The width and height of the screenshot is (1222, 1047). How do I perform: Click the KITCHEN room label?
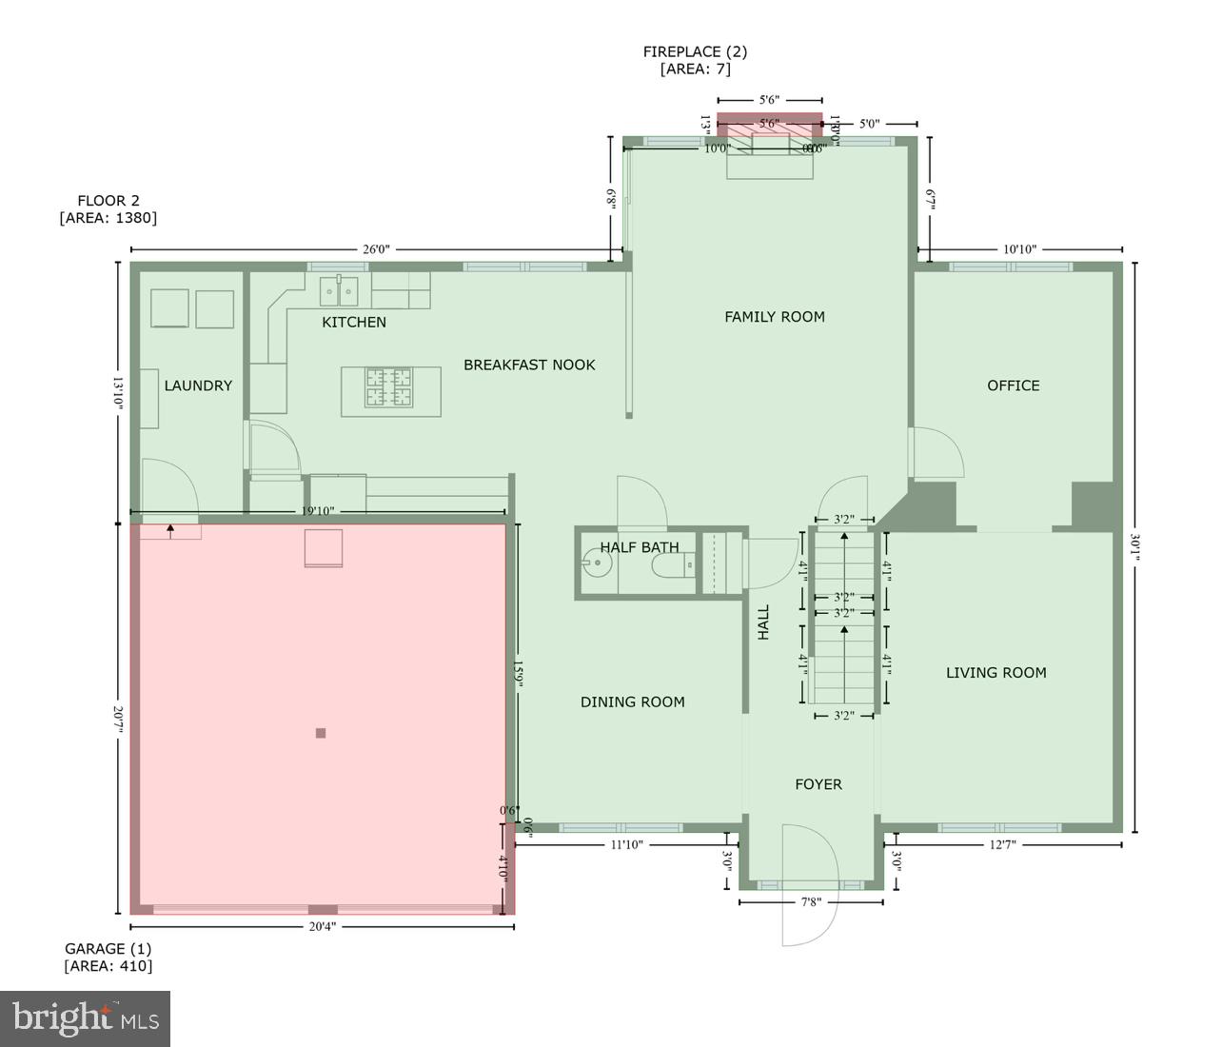coord(354,323)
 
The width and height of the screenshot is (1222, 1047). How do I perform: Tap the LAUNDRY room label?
coord(198,385)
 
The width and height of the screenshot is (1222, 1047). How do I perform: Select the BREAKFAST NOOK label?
coord(529,365)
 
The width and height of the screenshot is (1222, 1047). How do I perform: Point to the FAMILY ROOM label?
coord(775,317)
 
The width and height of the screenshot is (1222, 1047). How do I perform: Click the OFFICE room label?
coord(1013,385)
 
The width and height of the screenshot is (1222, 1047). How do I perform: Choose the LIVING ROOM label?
coord(995,673)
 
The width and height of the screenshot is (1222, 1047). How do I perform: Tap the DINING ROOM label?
coord(633,702)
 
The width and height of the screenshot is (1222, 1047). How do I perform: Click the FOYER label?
coord(818,784)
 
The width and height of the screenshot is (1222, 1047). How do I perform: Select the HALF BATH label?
coord(640,547)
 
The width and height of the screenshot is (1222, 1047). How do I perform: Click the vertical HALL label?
coord(763,622)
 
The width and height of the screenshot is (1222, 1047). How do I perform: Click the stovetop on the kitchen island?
coord(389,388)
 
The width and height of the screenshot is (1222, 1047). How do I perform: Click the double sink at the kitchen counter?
coord(338,288)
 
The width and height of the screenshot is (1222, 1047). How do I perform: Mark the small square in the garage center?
coord(321,733)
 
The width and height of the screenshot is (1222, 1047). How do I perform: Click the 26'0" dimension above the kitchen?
coord(376,250)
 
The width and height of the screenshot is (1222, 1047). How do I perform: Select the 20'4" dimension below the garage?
coord(322,927)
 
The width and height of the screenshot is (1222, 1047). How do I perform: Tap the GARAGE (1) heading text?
coord(108,949)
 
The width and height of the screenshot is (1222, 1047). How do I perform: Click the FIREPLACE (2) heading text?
coord(695,52)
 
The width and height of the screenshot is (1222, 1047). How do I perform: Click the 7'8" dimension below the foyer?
coord(810,902)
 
